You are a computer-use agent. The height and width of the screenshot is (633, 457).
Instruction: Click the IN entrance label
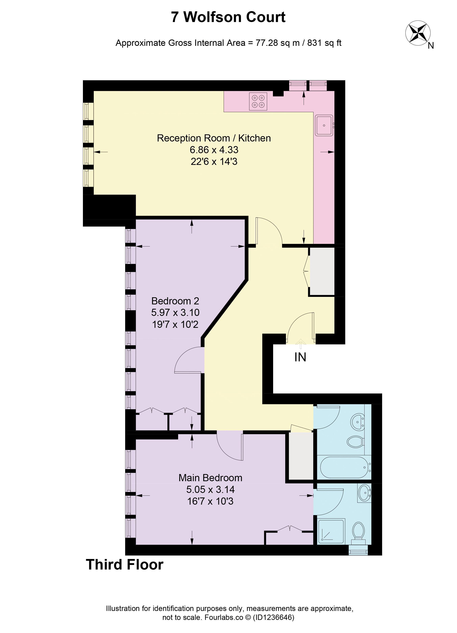tap(300, 357)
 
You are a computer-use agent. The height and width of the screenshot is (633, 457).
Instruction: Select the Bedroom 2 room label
tap(175, 301)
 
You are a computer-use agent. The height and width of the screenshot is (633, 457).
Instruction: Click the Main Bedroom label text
tap(210, 478)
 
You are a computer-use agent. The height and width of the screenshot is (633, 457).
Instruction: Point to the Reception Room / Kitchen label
tap(214, 138)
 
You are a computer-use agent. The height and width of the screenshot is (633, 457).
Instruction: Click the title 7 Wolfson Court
tap(228, 17)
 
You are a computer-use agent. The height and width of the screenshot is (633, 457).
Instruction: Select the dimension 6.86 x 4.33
tap(214, 150)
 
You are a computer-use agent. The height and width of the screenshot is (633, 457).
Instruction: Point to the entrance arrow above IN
tap(301, 344)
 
